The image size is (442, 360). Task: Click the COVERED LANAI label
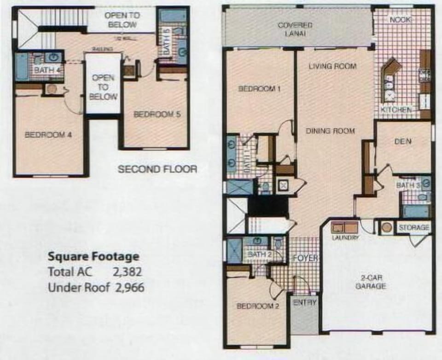tap(295, 29)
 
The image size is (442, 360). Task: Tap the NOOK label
tap(401, 20)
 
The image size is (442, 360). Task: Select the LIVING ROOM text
tap(332, 66)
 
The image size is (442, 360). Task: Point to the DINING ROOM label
tap(331, 131)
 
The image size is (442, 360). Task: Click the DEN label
tap(402, 142)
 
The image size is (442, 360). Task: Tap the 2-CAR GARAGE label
tap(373, 282)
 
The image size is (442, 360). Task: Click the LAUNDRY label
tap(345, 238)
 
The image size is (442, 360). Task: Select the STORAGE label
tap(414, 228)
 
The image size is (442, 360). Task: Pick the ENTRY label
tap(304, 302)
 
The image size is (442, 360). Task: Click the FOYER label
tap(305, 258)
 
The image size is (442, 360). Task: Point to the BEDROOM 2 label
tap(258, 306)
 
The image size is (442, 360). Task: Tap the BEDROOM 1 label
tap(259, 89)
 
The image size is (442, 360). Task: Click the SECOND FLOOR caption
tap(157, 169)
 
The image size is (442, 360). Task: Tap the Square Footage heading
tap(93, 256)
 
